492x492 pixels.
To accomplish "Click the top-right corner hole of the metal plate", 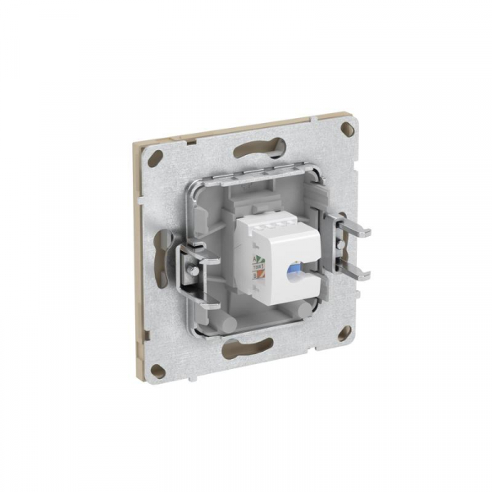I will tap(348, 128).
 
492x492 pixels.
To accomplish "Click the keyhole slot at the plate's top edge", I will tap(259, 149).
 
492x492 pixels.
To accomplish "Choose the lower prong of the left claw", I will tap(205, 304).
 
